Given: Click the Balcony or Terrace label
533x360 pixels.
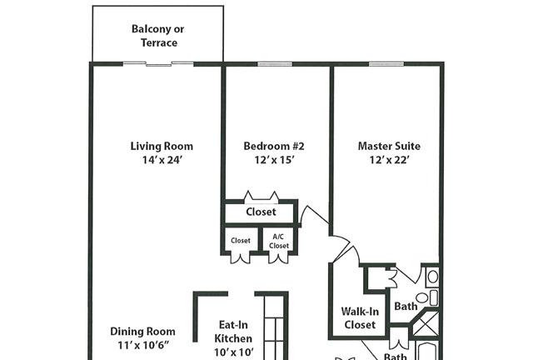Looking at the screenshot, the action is coord(158,36).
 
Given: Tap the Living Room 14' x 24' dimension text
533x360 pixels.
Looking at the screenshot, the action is coord(162,160).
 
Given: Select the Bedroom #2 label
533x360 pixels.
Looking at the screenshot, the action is coord(274,147).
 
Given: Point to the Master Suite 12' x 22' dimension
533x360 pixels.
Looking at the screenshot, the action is coord(389,160).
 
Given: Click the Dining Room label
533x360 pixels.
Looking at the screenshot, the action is coord(142,332).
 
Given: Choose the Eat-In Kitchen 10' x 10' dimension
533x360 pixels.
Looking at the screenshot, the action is coord(233,352).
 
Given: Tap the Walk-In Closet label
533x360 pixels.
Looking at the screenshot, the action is coord(360,317).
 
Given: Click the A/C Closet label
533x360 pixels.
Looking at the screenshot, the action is coord(278,241).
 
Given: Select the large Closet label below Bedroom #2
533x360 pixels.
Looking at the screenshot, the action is coord(261,212).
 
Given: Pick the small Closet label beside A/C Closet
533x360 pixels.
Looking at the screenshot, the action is coord(241,241).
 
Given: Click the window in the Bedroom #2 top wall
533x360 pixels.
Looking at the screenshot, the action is coord(275,64).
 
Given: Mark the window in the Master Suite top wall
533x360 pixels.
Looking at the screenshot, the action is coord(386,64).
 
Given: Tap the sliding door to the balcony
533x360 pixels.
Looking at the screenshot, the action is coord(158,63).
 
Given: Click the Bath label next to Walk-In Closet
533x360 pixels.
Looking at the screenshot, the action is coord(406,306).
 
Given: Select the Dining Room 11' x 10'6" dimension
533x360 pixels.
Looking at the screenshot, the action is coord(143,345).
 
